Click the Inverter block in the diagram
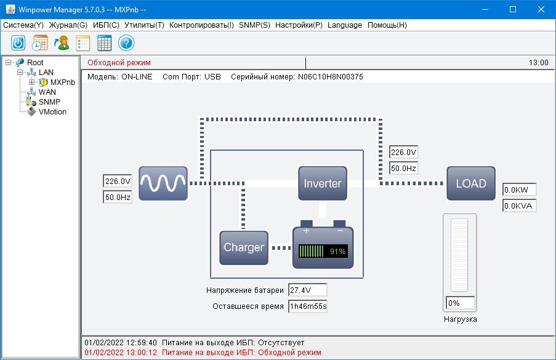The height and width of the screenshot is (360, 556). (x=322, y=183)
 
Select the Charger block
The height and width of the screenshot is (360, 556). (x=244, y=247)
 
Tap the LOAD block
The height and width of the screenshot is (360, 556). (x=470, y=183)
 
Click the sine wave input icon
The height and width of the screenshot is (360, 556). (x=163, y=183)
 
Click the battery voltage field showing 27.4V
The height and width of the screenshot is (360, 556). (x=307, y=290)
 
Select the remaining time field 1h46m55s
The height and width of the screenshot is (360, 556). (x=307, y=306)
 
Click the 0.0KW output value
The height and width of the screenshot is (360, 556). (x=519, y=190)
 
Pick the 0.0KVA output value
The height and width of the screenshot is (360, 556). (x=519, y=206)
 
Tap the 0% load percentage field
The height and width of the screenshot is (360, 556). (x=460, y=303)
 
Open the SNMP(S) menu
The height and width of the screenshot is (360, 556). (x=254, y=25)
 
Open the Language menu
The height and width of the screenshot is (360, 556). (x=345, y=25)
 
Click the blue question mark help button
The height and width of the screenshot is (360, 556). (x=126, y=43)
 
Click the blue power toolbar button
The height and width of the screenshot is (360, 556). (x=18, y=43)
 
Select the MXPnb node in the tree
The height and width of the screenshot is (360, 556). (x=62, y=82)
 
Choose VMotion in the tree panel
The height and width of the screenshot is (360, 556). (x=52, y=112)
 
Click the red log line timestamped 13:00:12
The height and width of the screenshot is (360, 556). (x=203, y=353)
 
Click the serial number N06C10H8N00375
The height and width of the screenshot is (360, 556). (x=331, y=77)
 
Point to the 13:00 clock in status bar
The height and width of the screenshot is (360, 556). (x=538, y=63)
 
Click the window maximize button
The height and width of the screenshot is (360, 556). (x=513, y=9)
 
